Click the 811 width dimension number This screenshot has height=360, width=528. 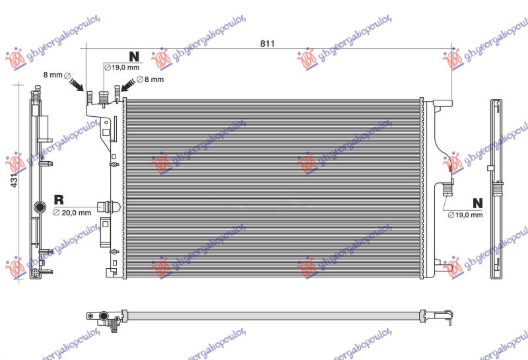(267, 44)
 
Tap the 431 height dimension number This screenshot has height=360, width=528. (15, 178)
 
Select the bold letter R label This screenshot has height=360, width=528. (58, 199)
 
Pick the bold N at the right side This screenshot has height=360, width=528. (477, 202)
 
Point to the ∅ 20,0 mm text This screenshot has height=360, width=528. (72, 212)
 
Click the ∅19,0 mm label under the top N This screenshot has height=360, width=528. (123, 67)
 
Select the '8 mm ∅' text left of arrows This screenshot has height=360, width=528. (54, 75)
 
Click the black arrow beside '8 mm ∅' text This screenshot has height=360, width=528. (77, 85)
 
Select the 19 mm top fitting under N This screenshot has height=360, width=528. (103, 98)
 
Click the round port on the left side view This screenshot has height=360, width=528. (39, 210)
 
